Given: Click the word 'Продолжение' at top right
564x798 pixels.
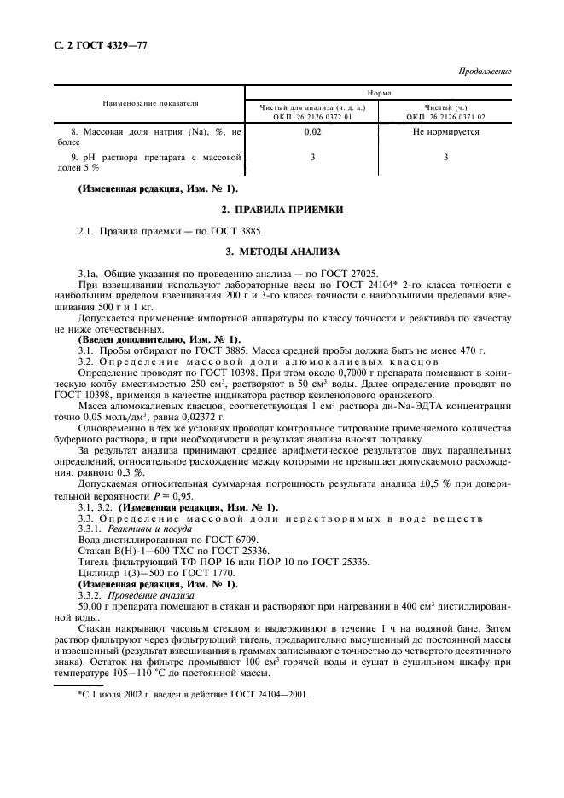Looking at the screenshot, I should pos(484,71).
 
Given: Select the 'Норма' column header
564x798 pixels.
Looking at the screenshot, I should pos(379,92).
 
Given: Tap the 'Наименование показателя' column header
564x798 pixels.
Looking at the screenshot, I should pos(150,103).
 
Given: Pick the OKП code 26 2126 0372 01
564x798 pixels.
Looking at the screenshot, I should pos(311,117).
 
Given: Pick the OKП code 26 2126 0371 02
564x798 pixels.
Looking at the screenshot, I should pos(445,117).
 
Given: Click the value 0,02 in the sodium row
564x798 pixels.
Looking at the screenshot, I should pos(311,133).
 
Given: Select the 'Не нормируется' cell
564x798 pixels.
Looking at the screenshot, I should pos(445,133).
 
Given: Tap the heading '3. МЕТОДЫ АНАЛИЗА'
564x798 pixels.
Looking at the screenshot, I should pos(282,252).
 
